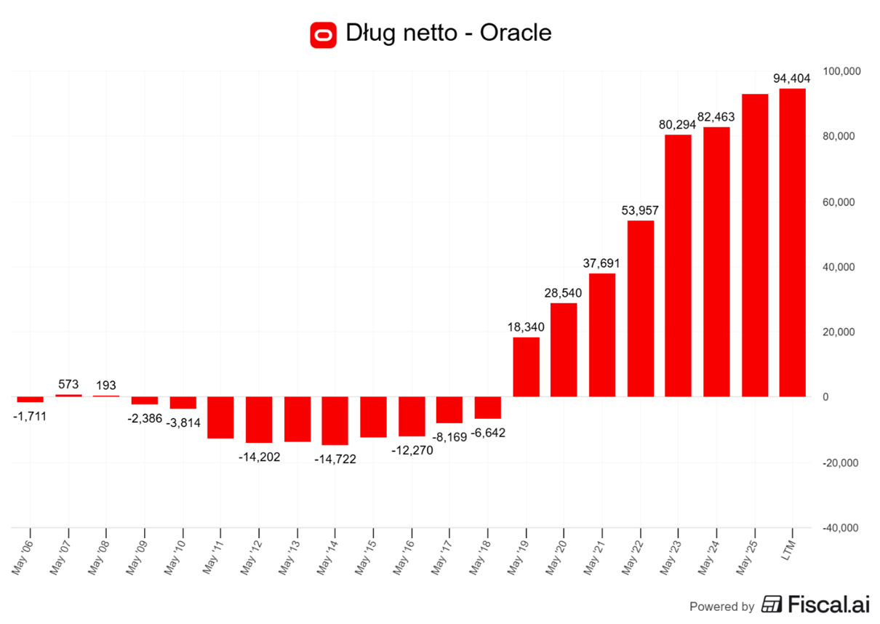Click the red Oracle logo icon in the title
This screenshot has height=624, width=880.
323,34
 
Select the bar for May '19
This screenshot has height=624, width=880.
526,367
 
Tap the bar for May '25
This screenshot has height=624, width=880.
754,245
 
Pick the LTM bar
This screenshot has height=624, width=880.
792,242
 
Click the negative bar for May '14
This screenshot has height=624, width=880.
335,420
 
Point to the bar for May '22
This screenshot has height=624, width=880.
640,308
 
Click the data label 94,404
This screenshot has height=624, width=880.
791,79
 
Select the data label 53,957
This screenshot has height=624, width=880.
640,210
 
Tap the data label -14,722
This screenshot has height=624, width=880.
335,459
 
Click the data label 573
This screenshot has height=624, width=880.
68,384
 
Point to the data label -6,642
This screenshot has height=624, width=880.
487,433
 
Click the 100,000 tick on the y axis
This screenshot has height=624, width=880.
841,71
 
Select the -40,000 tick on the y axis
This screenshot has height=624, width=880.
841,528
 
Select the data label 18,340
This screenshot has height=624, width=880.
526,327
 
